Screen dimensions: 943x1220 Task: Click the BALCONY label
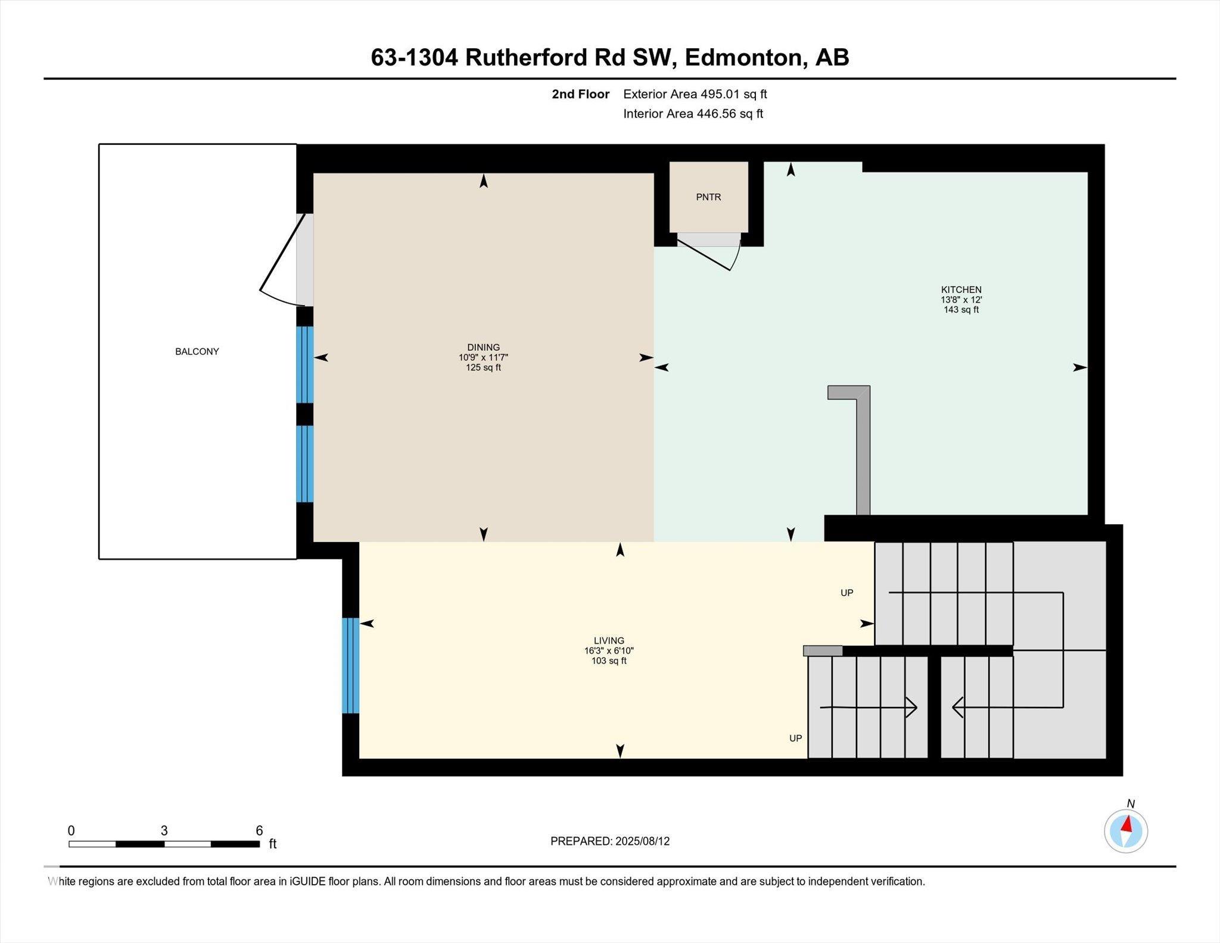coord(197,351)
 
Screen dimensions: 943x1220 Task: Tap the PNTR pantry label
coord(708,197)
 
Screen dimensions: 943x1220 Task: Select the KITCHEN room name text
coord(961,290)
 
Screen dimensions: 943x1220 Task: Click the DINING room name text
coord(483,347)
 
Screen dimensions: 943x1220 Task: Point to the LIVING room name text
coord(609,641)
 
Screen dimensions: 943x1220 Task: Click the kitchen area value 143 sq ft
coord(961,310)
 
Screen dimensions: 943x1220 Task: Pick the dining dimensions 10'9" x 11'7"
coord(483,357)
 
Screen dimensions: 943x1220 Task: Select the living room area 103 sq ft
coord(609,661)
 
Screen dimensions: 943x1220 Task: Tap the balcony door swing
coord(280,262)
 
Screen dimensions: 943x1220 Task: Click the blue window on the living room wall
coord(350,665)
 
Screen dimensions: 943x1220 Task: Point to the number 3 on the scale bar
coord(164,830)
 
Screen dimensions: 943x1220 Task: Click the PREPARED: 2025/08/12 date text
coord(609,841)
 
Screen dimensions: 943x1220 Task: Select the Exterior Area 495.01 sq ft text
coord(695,94)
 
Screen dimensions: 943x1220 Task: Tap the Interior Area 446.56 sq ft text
coord(693,114)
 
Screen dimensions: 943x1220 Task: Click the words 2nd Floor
coord(580,94)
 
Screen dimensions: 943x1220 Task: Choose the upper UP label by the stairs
coord(846,593)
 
